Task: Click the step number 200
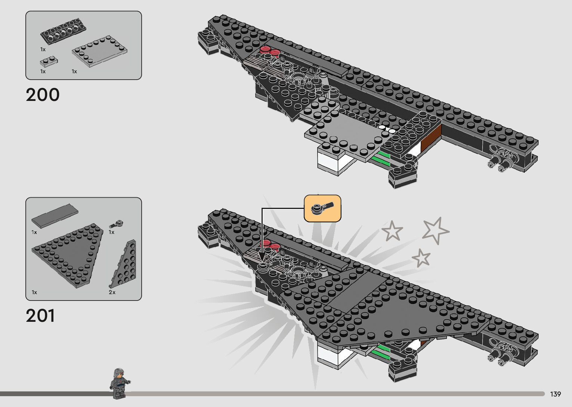(43, 95)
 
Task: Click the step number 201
(40, 316)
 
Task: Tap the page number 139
(555, 394)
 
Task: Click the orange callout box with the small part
(322, 208)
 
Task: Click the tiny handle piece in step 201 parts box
(117, 224)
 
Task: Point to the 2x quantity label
(112, 292)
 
